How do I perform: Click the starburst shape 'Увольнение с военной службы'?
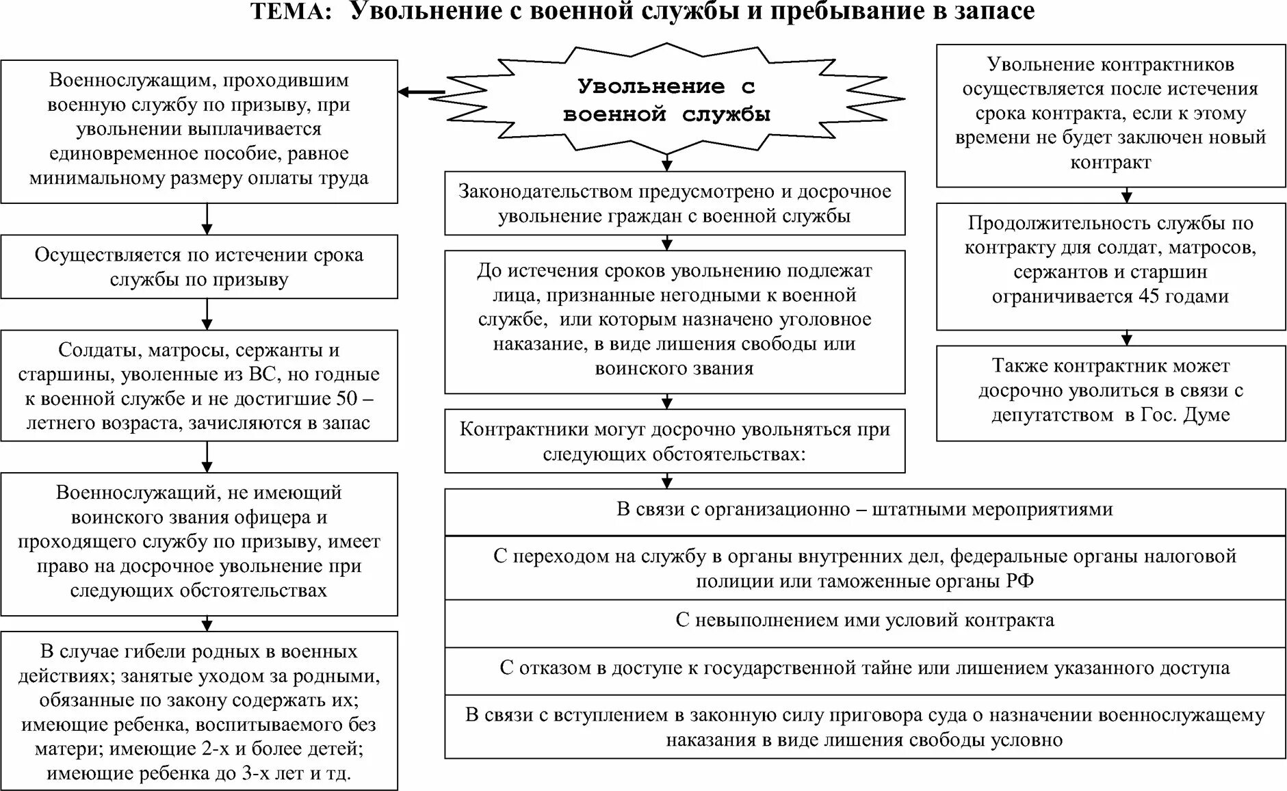667,100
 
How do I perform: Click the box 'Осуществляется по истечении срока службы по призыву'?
199,267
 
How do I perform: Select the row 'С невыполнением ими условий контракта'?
865,621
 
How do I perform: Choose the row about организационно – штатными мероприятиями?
865,510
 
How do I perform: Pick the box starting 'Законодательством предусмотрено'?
675,204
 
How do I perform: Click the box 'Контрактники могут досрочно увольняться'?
675,441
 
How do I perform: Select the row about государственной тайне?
865,668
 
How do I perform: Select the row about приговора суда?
865,727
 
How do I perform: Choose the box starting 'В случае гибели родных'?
199,712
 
